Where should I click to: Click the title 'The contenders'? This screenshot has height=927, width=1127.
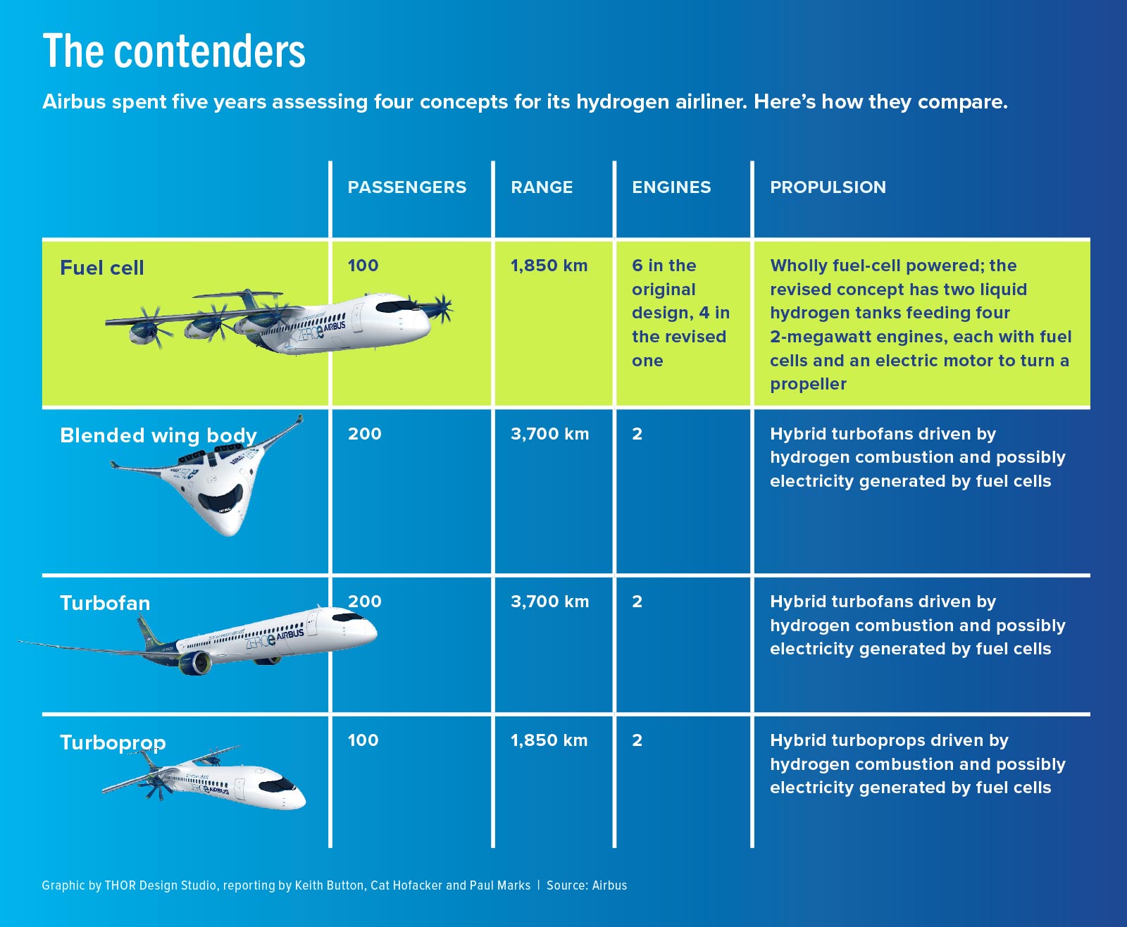pyautogui.click(x=174, y=51)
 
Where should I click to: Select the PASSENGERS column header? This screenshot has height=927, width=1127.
pyautogui.click(x=406, y=187)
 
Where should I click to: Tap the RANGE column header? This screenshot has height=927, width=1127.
pyautogui.click(x=542, y=187)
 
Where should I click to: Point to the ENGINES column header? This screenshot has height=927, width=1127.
pyautogui.click(x=671, y=187)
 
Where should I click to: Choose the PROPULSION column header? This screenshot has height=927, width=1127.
pyautogui.click(x=828, y=187)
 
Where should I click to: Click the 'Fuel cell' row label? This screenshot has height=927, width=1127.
pyautogui.click(x=101, y=268)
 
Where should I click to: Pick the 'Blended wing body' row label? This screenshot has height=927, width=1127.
pyautogui.click(x=158, y=435)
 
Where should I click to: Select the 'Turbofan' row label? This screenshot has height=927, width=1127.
pyautogui.click(x=105, y=603)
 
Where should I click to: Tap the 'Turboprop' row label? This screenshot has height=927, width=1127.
pyautogui.click(x=113, y=742)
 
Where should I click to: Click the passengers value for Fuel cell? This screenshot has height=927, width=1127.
pyautogui.click(x=363, y=266)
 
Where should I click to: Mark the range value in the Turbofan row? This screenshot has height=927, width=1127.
pyautogui.click(x=549, y=602)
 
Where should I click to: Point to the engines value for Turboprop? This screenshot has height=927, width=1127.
pyautogui.click(x=637, y=740)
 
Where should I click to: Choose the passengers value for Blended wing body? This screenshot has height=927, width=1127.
pyautogui.click(x=364, y=433)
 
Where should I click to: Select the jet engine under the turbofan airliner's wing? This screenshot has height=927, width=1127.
pyautogui.click(x=194, y=662)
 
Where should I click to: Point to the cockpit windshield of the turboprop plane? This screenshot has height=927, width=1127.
pyautogui.click(x=278, y=785)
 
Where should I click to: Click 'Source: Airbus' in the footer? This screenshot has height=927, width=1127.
pyautogui.click(x=586, y=885)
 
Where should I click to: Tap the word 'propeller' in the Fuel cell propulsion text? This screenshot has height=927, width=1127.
pyautogui.click(x=808, y=384)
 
